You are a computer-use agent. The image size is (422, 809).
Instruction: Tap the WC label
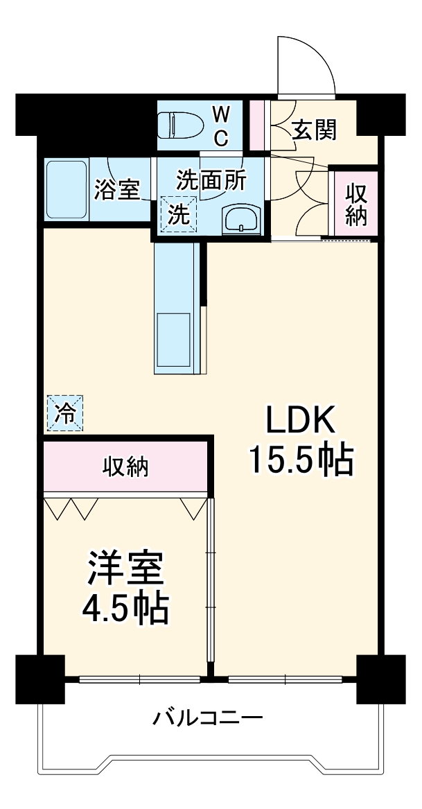pos(220,125)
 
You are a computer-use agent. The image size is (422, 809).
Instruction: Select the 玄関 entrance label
pos(314,130)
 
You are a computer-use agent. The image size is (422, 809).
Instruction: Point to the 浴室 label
pos(117,190)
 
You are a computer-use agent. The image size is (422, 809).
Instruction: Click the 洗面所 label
pos(210,180)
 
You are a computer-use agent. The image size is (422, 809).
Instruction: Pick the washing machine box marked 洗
pos(179,214)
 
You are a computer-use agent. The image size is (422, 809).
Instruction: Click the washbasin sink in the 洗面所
pos(242,220)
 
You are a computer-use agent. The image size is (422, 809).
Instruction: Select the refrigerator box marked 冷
pos(65,414)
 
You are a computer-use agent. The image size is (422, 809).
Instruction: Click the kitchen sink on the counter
pos(173,340)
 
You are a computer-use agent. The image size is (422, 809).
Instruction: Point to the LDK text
pos(301,421)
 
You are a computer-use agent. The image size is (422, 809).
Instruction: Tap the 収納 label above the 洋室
pos(126,467)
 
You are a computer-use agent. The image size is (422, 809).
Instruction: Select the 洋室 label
pos(125,571)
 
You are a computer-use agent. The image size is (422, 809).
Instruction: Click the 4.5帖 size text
pos(125,608)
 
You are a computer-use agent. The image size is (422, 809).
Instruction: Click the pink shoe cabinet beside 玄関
pos(257,125)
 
